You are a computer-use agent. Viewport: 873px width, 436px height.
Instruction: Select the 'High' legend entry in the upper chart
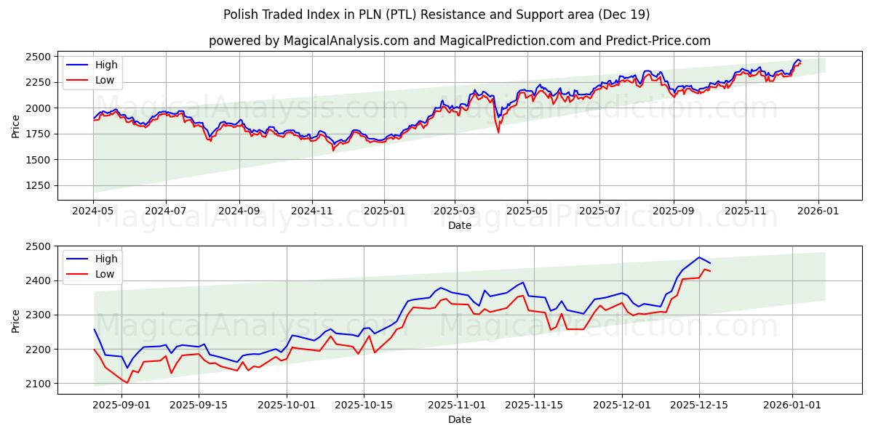(106, 65)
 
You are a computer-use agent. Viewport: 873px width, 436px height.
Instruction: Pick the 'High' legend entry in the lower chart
(106, 259)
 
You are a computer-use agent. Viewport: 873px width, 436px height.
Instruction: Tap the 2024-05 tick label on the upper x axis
(93, 210)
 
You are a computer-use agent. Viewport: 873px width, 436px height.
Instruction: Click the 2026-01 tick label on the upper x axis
(818, 210)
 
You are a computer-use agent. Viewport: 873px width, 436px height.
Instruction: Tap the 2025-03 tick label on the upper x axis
(455, 210)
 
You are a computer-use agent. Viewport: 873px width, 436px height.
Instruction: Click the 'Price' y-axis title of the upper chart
(16, 126)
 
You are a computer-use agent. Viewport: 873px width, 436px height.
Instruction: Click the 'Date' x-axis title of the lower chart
(459, 419)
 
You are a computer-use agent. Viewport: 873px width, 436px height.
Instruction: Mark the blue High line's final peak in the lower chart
(699, 257)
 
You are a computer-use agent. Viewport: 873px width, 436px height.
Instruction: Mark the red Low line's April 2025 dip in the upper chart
(498, 132)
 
